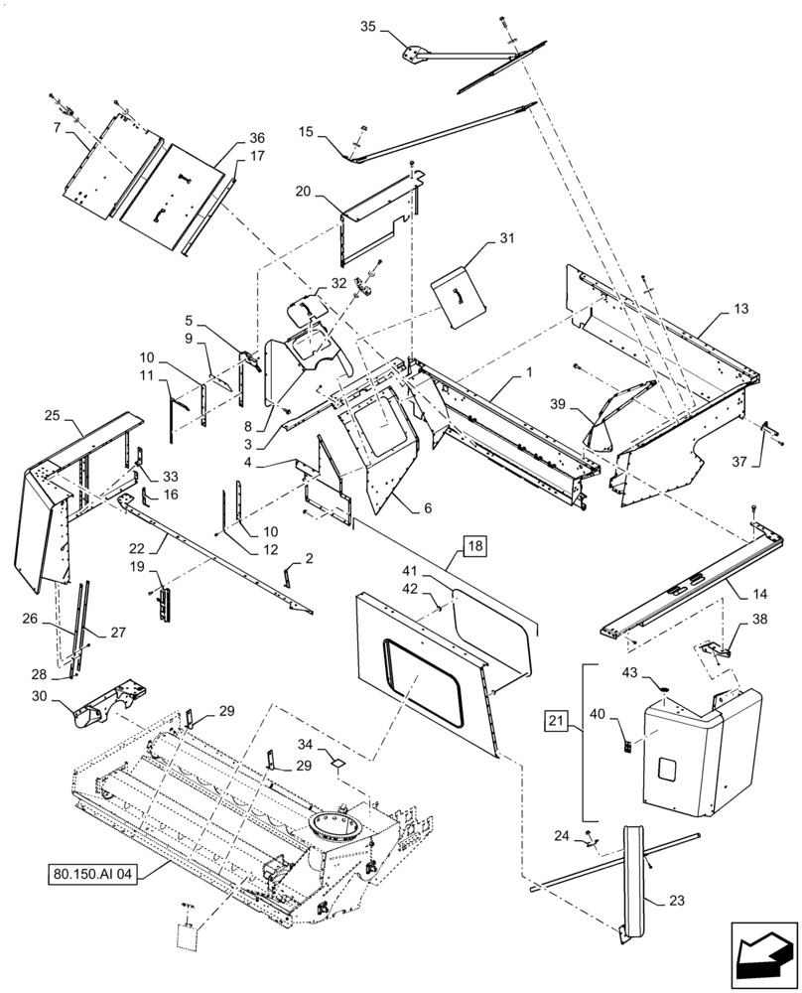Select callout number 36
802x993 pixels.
click(229, 138)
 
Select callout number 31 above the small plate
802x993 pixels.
click(507, 238)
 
